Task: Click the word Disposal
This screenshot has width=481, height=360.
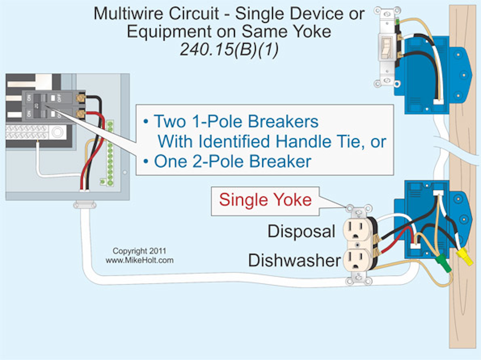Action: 301,231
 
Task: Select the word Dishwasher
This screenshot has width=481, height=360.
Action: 295,260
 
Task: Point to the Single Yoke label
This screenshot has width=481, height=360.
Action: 265,200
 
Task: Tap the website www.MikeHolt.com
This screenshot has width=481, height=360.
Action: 139,260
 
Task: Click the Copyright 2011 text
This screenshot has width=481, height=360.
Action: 139,251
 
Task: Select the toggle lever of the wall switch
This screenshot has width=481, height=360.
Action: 387,46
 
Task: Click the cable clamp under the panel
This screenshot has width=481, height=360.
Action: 85,205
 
